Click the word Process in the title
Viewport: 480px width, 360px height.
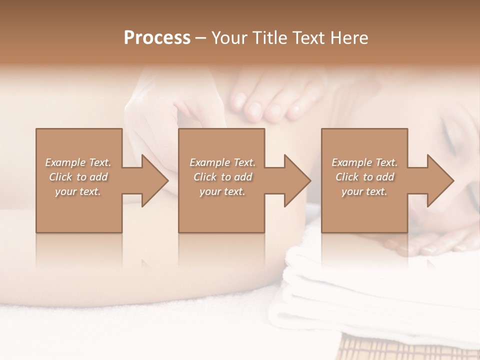coord(157,38)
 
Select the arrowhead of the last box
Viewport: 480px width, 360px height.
coord(440,180)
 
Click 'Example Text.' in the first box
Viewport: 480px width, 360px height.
coord(78,162)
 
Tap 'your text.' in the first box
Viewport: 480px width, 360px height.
coord(78,191)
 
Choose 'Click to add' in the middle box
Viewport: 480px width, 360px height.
coord(222,177)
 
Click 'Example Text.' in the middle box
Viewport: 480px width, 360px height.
coord(222,162)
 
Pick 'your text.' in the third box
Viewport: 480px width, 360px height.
coord(364,191)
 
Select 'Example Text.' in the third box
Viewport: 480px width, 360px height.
coord(364,162)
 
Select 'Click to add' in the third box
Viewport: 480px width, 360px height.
coord(364,177)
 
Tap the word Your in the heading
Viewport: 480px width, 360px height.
coord(227,38)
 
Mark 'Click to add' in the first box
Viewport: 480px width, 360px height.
coord(78,177)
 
